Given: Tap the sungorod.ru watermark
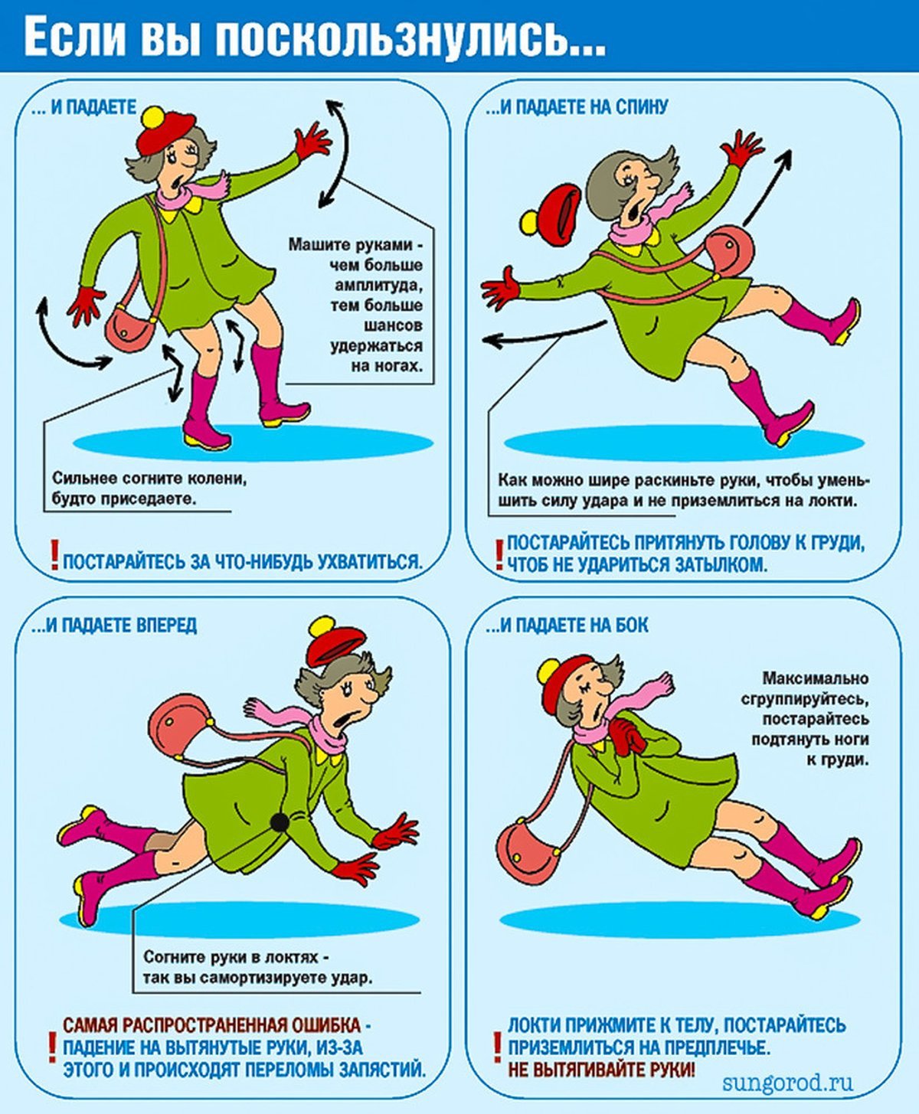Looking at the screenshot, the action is [x=788, y=1081].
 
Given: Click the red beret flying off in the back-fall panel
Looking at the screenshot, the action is [x=551, y=214].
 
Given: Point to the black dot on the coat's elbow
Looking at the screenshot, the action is [x=279, y=823].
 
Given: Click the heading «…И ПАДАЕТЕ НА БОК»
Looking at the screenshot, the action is [x=567, y=626].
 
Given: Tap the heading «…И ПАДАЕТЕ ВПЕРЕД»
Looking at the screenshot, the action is [x=114, y=626].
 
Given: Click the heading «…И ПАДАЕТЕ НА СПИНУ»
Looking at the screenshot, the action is [x=577, y=107].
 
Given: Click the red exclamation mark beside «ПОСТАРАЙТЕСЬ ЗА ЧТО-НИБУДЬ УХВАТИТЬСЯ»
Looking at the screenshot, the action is [x=54, y=555].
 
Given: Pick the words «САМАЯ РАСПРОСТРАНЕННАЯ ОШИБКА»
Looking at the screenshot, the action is [x=212, y=1025].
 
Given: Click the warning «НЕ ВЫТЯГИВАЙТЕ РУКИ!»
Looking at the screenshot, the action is [x=602, y=1069].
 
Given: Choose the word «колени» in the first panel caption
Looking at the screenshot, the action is [x=216, y=479].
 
